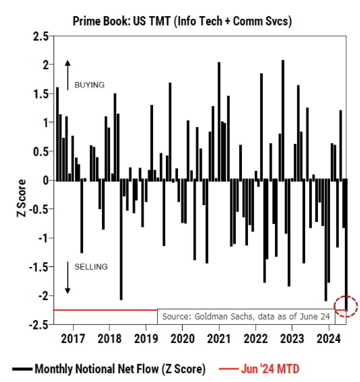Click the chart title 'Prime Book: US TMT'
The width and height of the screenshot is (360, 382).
point(182,21)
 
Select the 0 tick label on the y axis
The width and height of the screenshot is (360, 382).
point(44,181)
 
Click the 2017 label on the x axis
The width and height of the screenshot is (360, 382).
point(73,338)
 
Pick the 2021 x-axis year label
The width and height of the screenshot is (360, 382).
point(219,338)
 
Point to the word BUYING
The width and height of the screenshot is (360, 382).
point(89,85)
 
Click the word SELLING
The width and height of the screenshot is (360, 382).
point(91,267)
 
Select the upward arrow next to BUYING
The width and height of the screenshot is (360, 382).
point(68,75)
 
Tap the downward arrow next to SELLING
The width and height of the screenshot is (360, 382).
point(68,278)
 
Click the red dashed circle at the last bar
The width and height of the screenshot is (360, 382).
point(346,306)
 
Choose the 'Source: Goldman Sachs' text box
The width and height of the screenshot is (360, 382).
point(246,316)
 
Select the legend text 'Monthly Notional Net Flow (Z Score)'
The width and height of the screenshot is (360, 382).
point(120,369)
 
